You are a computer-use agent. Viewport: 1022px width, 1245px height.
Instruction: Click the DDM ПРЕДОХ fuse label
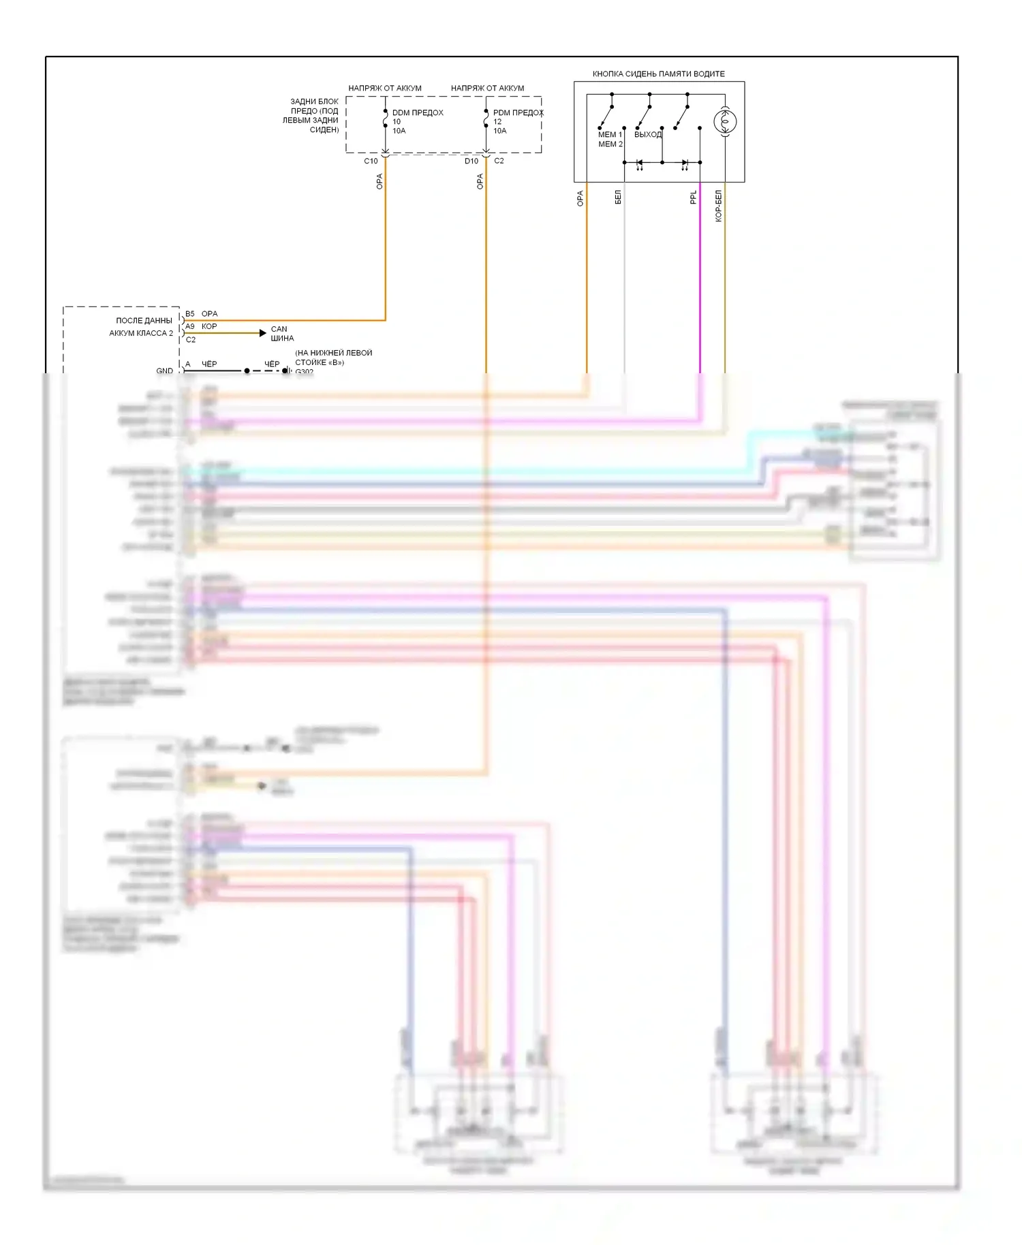tap(418, 113)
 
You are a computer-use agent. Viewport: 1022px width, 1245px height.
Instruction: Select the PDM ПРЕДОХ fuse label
tap(518, 113)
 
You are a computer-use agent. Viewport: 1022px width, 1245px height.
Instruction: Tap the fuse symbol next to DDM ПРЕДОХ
tap(386, 123)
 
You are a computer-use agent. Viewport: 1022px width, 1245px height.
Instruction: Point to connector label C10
tap(371, 161)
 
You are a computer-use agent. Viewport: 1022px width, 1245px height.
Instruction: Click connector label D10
tap(471, 161)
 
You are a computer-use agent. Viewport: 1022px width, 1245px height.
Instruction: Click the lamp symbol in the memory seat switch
tap(725, 122)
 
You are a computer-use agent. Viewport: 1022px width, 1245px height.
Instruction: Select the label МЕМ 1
tap(610, 135)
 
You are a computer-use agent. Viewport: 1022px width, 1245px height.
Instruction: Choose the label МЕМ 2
tap(610, 144)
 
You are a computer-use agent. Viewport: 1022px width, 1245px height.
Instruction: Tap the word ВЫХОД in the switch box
tap(647, 135)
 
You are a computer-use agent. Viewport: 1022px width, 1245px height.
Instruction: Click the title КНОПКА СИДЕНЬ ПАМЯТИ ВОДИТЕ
tap(658, 74)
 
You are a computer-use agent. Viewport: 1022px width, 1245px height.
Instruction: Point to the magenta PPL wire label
tap(693, 198)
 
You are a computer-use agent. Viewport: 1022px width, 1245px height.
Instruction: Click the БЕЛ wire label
tap(618, 198)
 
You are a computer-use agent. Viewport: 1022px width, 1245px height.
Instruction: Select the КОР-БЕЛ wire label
tap(718, 206)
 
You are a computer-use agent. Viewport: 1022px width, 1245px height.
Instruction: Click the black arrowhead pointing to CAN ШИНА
tap(263, 333)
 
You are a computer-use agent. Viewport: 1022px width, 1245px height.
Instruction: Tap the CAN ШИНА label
tap(282, 334)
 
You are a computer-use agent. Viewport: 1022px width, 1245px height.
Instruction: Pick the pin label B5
tap(190, 314)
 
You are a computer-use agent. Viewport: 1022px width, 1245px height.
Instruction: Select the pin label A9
tap(190, 327)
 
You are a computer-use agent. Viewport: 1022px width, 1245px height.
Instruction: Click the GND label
tap(164, 371)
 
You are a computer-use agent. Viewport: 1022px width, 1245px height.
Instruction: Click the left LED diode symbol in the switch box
tap(639, 163)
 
